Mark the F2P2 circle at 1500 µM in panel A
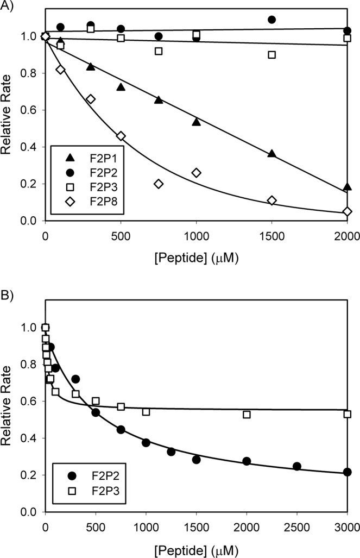(272, 20)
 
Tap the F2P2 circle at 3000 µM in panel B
(348, 472)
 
